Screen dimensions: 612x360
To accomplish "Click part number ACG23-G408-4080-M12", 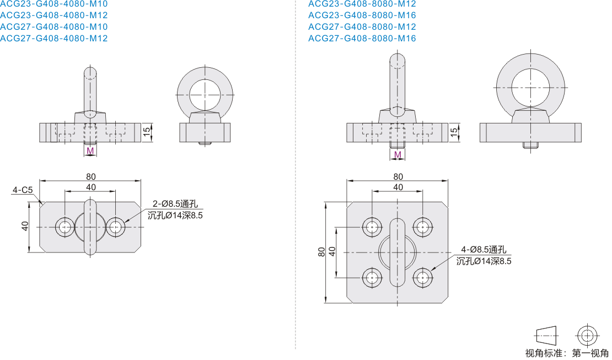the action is click(x=54, y=15).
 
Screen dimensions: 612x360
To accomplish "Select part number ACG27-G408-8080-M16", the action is click(x=362, y=38).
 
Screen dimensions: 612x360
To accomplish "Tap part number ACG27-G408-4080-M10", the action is click(x=54, y=26).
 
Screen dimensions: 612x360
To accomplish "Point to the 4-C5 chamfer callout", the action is click(x=22, y=190).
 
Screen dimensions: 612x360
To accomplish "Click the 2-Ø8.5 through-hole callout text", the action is click(x=175, y=204).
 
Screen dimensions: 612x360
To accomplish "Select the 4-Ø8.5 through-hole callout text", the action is click(x=484, y=250).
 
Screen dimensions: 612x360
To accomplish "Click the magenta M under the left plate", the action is click(x=90, y=151).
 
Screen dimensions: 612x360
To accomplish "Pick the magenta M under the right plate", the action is click(x=398, y=154).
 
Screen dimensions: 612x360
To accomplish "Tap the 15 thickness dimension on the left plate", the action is click(x=147, y=132).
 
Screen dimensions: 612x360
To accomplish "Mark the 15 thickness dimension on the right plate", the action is click(x=454, y=132).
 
